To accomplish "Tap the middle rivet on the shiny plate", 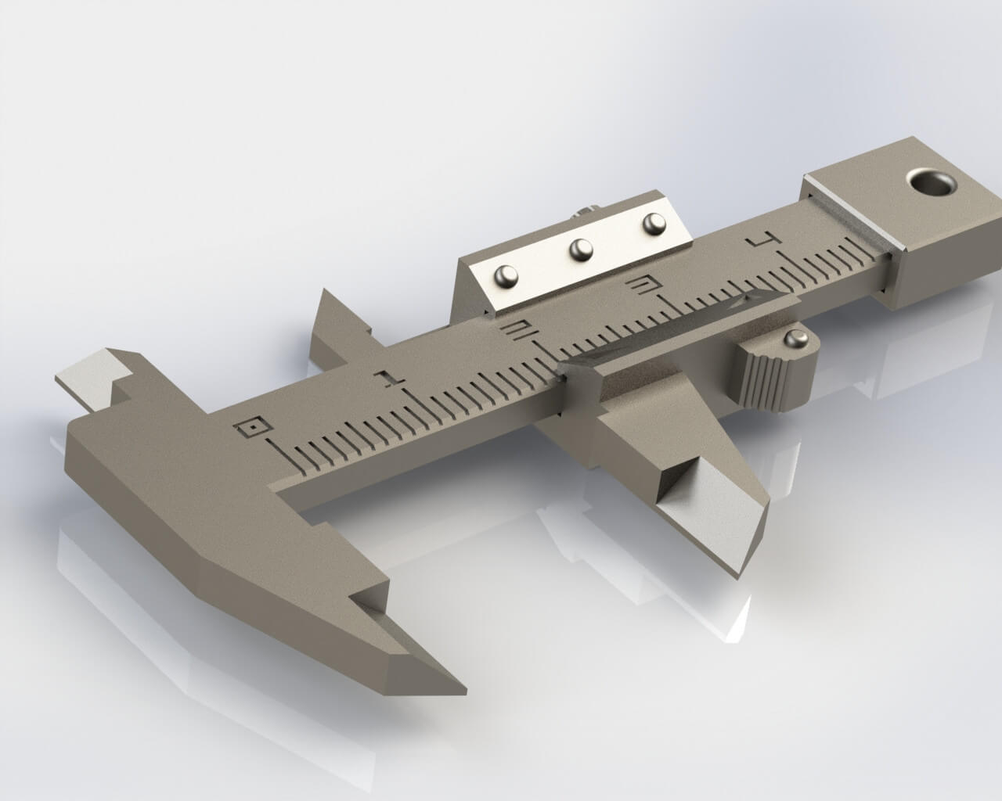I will (580, 249).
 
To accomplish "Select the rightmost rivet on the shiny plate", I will (653, 224).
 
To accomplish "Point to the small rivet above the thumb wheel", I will (795, 338).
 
